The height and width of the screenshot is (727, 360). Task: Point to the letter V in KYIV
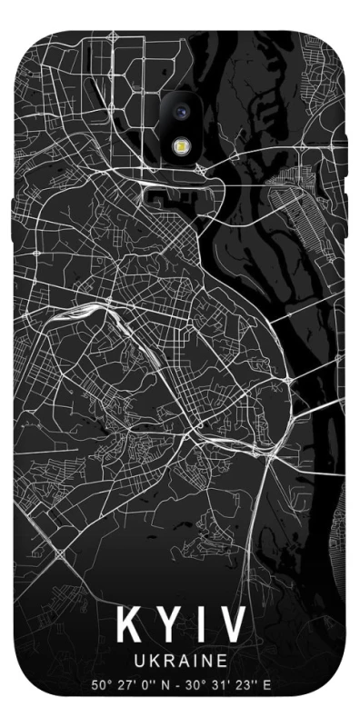point(228,625)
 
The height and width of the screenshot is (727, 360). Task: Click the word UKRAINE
point(180,658)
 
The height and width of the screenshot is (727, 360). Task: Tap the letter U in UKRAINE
point(138,658)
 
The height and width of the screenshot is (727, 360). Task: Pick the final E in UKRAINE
point(222,658)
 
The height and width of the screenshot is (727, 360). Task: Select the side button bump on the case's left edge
point(11,208)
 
